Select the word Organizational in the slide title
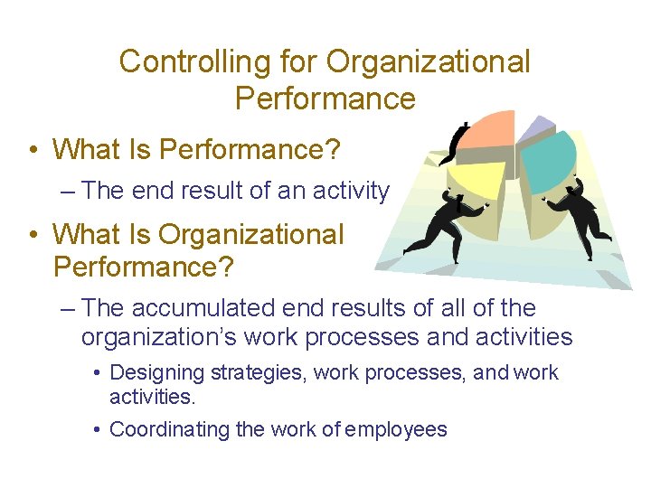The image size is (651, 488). pos(429,61)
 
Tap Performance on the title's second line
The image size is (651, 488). pos(325,98)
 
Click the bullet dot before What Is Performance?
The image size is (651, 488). pos(33,149)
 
